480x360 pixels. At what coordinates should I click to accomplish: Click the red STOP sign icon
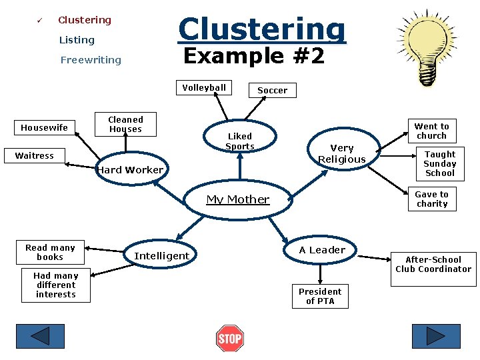[230, 338]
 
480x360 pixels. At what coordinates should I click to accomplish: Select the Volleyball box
[204, 88]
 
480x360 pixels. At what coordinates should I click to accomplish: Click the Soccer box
[272, 90]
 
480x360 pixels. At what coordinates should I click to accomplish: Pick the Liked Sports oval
[239, 141]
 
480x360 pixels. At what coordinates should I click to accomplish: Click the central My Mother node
[238, 199]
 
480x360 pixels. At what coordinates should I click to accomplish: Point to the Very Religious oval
[341, 153]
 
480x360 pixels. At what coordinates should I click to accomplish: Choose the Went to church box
[431, 131]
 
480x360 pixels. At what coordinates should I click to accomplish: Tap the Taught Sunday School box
[440, 163]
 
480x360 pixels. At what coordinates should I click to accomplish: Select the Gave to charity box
[432, 199]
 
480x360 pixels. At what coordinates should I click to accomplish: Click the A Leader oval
[322, 250]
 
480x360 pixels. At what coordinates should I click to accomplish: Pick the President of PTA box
[320, 296]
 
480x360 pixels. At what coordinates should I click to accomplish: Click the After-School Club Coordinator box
[433, 265]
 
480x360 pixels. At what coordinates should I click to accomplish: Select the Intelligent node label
[161, 255]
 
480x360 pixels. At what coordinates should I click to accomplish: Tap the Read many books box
[50, 252]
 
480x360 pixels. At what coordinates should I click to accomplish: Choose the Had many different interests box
[56, 285]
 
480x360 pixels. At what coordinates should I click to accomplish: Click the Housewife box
[44, 127]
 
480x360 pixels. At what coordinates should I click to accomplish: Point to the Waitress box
[35, 155]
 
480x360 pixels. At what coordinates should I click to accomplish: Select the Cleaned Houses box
[125, 124]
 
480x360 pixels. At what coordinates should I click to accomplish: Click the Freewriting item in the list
[91, 60]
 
